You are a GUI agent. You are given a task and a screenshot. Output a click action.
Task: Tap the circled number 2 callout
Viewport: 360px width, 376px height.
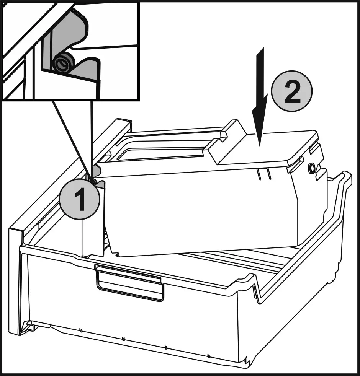click(292, 91)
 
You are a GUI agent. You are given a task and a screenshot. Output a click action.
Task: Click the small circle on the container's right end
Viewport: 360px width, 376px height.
click(312, 167)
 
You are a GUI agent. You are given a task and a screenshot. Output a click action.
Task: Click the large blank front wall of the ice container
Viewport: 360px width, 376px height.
click(199, 214)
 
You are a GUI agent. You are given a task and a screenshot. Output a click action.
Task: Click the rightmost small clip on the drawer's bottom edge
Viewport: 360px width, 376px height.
click(208, 356)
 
